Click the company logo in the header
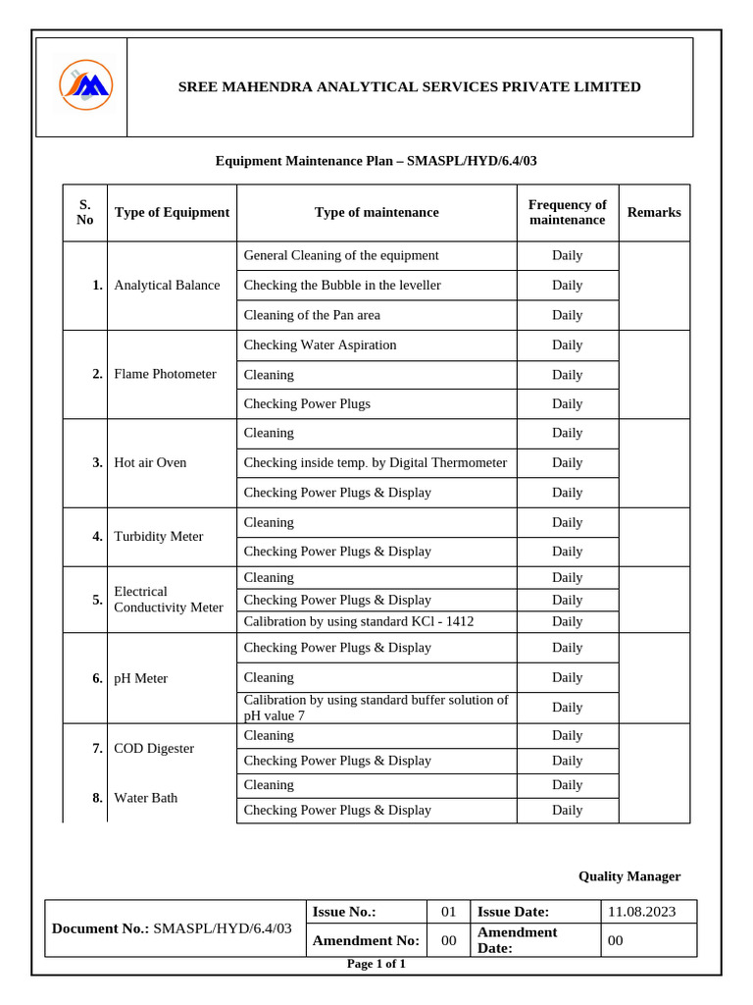click(85, 85)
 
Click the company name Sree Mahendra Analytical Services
click(409, 87)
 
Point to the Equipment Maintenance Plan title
click(376, 160)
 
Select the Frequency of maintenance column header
click(567, 212)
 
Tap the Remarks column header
click(653, 212)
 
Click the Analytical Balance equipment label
click(167, 286)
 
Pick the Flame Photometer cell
click(165, 374)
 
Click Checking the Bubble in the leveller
click(342, 286)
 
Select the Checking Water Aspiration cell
click(320, 344)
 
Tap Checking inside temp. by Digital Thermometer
click(375, 462)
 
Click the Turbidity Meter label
click(159, 537)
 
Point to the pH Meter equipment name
click(141, 678)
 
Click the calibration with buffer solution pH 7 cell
click(376, 707)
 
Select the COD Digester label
click(154, 748)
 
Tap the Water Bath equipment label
click(146, 798)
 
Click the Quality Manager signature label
click(628, 876)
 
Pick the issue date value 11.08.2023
click(641, 912)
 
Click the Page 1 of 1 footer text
click(376, 964)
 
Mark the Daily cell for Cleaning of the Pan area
click(567, 315)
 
